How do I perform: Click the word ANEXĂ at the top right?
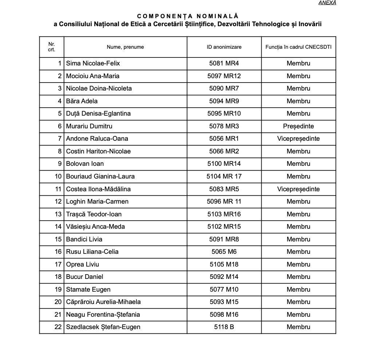tap(327, 3)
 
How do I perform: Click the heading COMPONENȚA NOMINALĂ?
tap(187, 16)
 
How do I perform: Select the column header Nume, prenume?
tap(125, 47)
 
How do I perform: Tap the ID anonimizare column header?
tap(224, 47)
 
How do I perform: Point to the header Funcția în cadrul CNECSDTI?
tap(298, 47)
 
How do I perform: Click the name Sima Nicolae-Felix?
tap(93, 63)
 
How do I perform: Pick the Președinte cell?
tap(298, 126)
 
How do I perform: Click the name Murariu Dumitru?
tap(89, 126)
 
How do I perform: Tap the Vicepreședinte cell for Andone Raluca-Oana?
tap(298, 139)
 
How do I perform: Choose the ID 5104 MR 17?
tap(224, 176)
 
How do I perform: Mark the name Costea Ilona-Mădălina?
tap(98, 189)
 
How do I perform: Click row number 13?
tap(58, 214)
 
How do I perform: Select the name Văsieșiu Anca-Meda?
tap(95, 227)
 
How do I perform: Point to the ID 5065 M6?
tap(224, 252)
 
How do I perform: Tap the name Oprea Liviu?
tap(82, 264)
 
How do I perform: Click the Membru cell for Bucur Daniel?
tap(298, 277)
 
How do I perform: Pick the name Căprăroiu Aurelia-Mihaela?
tap(103, 302)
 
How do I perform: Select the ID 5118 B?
tap(224, 327)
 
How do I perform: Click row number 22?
tap(58, 327)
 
